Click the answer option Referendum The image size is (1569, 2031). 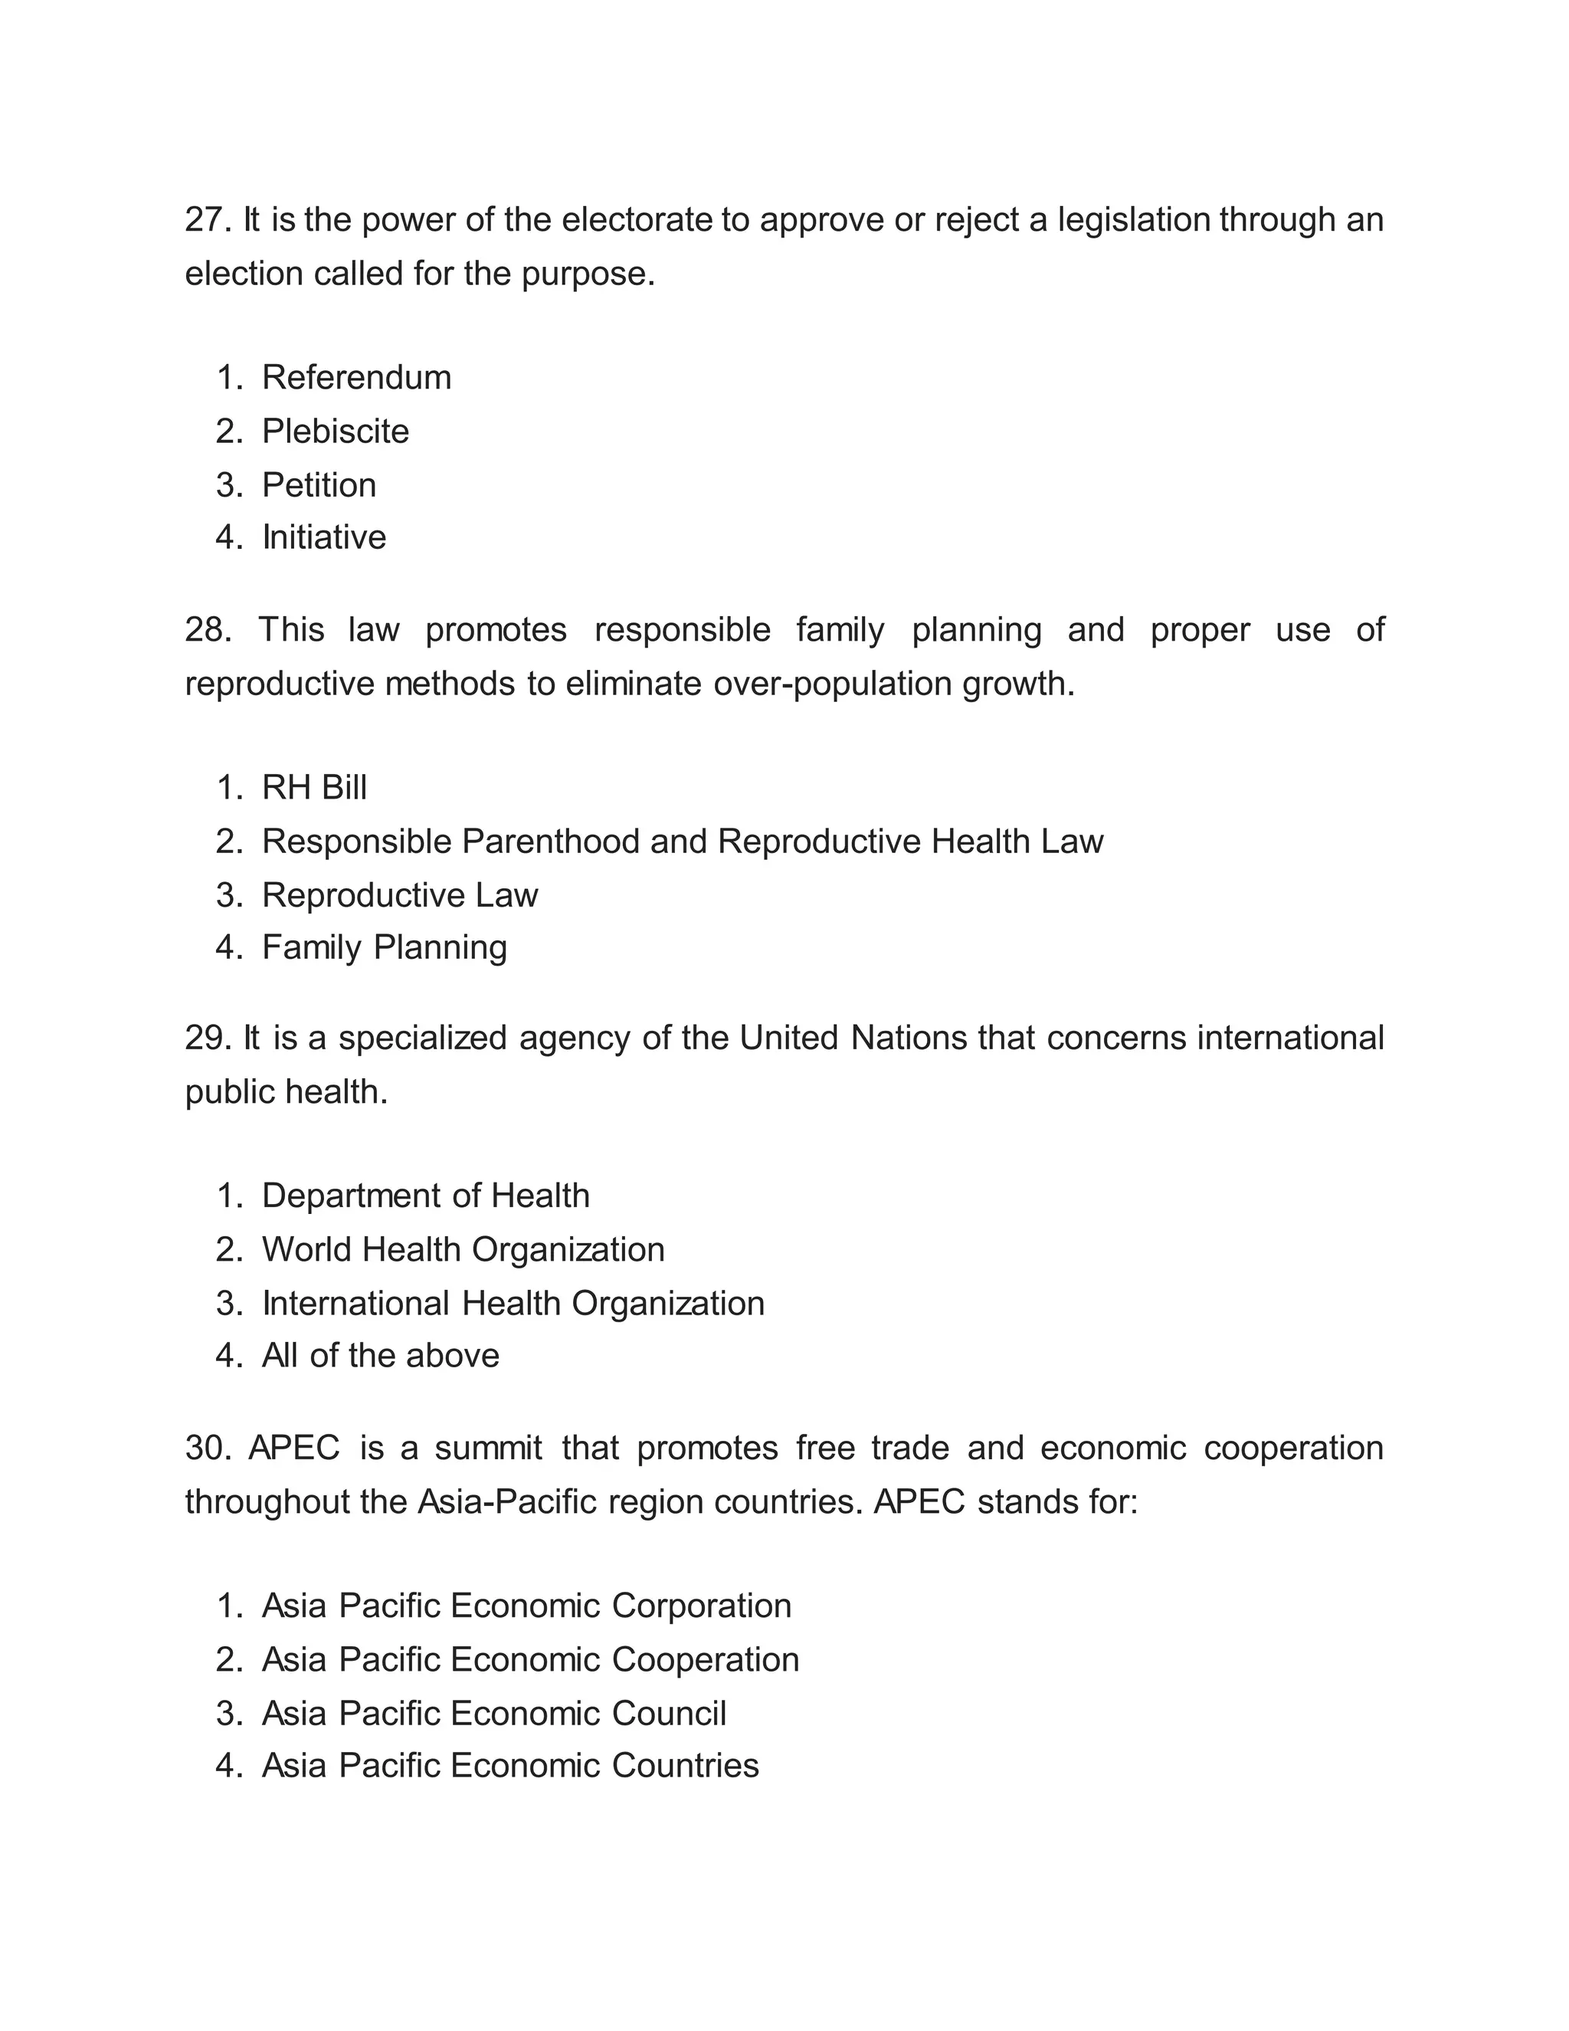click(x=356, y=378)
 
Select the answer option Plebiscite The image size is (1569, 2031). click(x=335, y=431)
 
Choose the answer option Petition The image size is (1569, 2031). click(x=319, y=485)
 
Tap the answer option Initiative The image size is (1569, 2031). click(x=323, y=537)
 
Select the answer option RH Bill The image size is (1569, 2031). click(x=314, y=788)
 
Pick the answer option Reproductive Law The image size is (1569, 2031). click(x=400, y=895)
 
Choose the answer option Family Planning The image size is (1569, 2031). click(x=384, y=947)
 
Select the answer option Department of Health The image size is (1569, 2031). click(x=424, y=1196)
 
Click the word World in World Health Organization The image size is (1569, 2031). click(x=306, y=1250)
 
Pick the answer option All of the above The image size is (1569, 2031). click(x=380, y=1356)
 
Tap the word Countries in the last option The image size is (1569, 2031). click(x=685, y=1766)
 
